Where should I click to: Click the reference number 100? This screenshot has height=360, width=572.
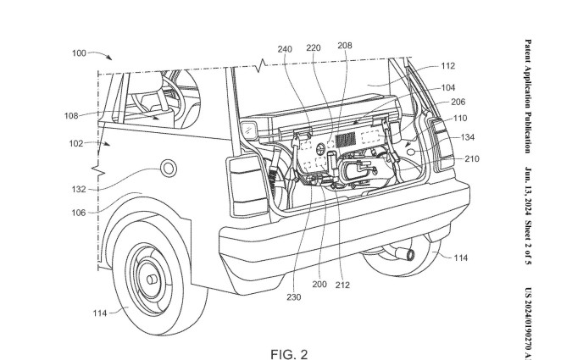[79, 53]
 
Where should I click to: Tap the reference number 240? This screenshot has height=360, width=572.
[285, 49]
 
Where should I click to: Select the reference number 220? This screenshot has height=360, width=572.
[314, 49]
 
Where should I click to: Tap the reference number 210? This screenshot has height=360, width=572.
[472, 158]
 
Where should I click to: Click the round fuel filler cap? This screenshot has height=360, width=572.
[167, 168]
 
